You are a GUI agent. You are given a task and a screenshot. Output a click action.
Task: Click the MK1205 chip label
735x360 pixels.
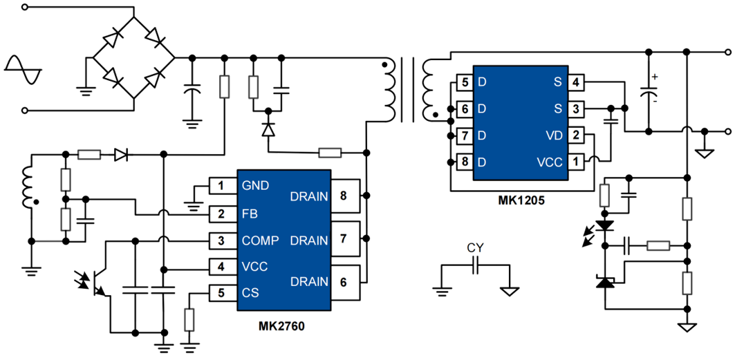point(521,200)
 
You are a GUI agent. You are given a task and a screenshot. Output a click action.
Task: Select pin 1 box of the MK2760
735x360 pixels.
point(221,185)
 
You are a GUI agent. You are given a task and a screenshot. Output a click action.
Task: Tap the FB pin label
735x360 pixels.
point(250,214)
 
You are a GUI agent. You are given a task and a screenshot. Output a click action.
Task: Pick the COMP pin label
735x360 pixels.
point(260,240)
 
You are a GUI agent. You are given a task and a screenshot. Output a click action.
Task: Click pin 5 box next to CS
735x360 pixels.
point(221,293)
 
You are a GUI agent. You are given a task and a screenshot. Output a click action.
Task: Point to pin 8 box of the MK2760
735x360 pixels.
point(343,197)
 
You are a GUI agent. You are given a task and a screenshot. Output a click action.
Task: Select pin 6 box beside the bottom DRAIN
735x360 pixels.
point(343,281)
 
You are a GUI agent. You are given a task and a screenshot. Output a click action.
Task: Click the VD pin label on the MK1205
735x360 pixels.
point(554,135)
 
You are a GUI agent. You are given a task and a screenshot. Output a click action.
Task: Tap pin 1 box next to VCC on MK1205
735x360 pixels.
point(575,162)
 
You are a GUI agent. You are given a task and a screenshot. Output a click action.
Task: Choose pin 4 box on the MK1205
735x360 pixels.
point(575,83)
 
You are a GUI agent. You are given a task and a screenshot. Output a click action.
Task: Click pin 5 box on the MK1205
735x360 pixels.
point(464,83)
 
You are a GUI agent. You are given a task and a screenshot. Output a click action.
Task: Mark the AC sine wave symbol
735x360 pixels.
point(22,69)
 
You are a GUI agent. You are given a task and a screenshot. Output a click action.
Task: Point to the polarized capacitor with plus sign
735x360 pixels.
point(650,91)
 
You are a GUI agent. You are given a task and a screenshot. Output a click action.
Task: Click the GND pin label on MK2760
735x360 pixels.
point(255,185)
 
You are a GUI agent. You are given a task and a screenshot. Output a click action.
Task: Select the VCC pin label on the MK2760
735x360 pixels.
point(254,267)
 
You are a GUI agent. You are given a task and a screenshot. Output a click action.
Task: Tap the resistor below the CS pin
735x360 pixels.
point(189,321)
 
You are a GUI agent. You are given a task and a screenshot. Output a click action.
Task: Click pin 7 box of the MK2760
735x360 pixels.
point(343,240)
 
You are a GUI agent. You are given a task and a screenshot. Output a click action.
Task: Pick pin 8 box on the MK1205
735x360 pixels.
point(464,162)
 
